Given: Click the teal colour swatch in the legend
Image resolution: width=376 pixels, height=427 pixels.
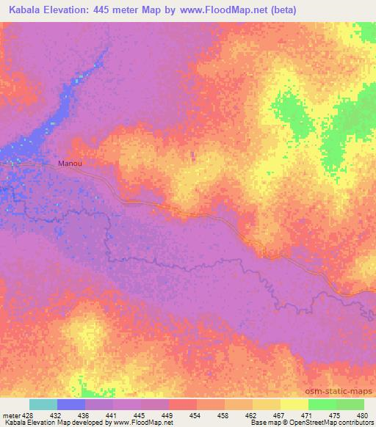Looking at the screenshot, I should pos(43,404).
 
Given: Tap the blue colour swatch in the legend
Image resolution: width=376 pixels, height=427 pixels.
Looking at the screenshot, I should pos(70,404).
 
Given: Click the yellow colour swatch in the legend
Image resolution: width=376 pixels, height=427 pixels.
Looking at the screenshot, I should pos(293,404).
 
